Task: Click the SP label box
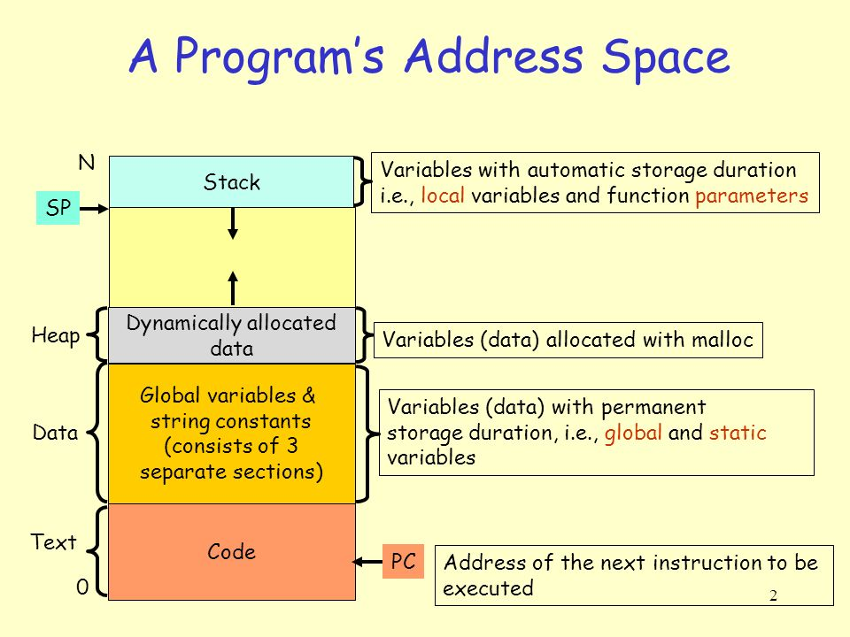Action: tap(58, 207)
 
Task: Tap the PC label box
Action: tap(404, 561)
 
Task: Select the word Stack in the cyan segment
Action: tap(232, 182)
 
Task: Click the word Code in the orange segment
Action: tap(231, 551)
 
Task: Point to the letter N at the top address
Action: tap(87, 163)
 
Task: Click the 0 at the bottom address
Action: tap(82, 587)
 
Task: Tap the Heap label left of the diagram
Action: tap(56, 336)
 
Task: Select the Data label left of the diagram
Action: tap(55, 433)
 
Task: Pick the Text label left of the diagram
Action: tap(54, 541)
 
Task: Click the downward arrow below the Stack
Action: tap(233, 224)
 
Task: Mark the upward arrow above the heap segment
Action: tap(233, 288)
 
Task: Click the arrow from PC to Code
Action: tap(367, 562)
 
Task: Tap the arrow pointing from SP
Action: tap(94, 209)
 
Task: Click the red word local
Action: tap(443, 195)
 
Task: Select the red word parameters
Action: tap(752, 196)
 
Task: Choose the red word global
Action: tap(633, 433)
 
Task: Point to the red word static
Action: tap(738, 433)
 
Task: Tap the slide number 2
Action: tap(774, 595)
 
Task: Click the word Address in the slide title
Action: tap(494, 56)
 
